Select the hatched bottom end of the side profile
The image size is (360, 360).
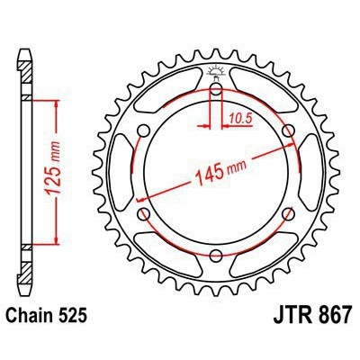point(24,268)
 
